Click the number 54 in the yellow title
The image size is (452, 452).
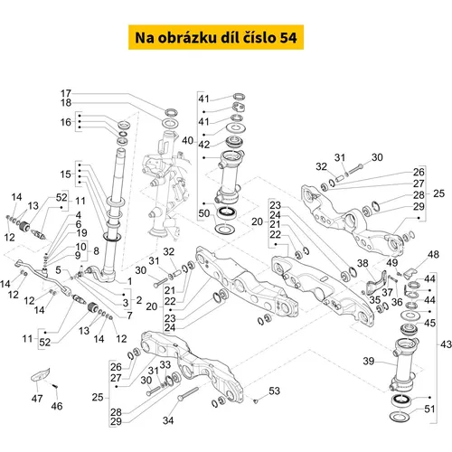tap(288, 38)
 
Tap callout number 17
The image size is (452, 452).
tap(66, 93)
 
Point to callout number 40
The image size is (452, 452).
tap(187, 140)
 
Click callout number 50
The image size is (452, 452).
tap(203, 213)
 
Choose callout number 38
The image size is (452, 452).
tap(363, 263)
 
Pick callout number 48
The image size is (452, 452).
tap(433, 254)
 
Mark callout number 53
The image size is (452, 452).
tap(274, 391)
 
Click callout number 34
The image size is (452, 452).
tap(168, 420)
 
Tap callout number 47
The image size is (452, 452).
tap(37, 399)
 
